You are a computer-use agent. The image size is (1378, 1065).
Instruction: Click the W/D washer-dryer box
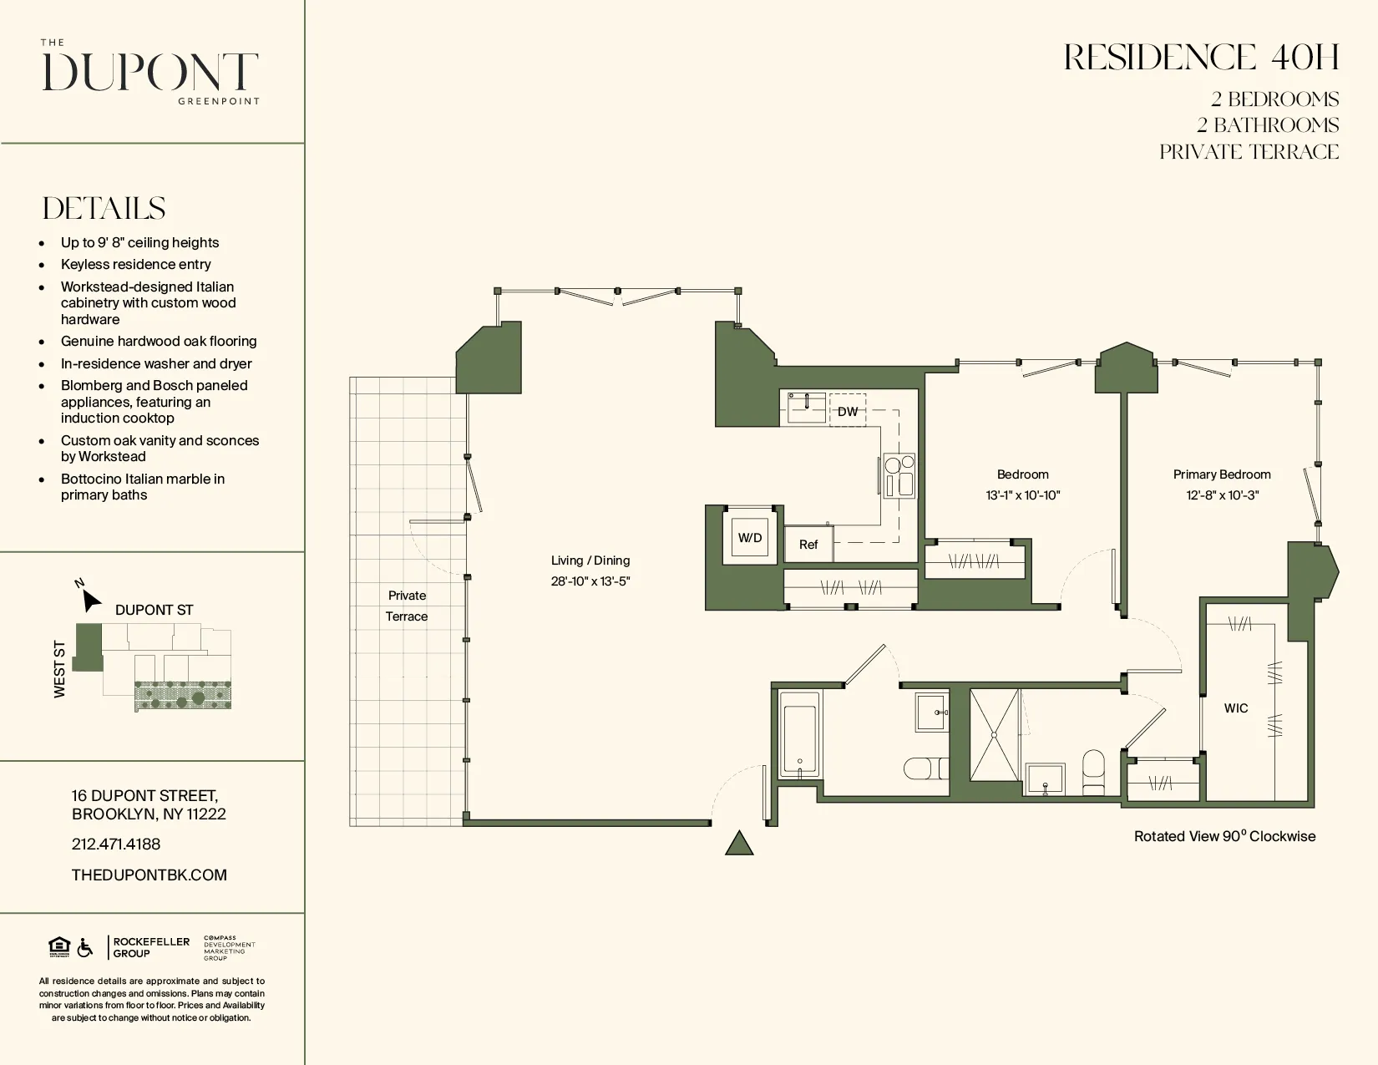pyautogui.click(x=750, y=538)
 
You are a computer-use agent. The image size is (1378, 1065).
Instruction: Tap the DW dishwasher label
pyautogui.click(x=848, y=411)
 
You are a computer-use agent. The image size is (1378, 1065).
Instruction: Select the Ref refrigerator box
pyautogui.click(x=808, y=545)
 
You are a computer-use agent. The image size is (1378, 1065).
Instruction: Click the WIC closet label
pyautogui.click(x=1236, y=708)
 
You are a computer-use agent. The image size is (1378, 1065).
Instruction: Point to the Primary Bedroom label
pyautogui.click(x=1221, y=474)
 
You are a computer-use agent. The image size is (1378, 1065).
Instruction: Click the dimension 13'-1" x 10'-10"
pyautogui.click(x=1022, y=495)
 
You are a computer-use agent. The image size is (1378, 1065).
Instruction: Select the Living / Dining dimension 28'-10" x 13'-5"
pyautogui.click(x=590, y=581)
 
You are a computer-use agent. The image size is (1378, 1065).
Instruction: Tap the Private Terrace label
pyautogui.click(x=407, y=606)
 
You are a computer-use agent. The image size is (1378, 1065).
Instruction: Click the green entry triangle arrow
pyautogui.click(x=739, y=844)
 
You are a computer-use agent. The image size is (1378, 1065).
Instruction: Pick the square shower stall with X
pyautogui.click(x=994, y=735)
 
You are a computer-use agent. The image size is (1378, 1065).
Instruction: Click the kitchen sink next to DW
pyautogui.click(x=807, y=407)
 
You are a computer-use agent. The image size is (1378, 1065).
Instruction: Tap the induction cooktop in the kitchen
pyautogui.click(x=899, y=476)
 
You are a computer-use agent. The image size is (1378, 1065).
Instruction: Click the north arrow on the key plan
pyautogui.click(x=90, y=599)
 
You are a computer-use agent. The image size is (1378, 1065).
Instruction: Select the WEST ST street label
pyautogui.click(x=59, y=669)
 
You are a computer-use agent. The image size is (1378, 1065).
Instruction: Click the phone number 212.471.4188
pyautogui.click(x=116, y=844)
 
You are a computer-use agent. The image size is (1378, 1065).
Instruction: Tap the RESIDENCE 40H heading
pyautogui.click(x=1201, y=58)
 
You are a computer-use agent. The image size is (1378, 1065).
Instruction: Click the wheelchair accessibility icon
pyautogui.click(x=84, y=947)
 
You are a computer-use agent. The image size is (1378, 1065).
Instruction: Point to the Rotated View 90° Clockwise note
pyautogui.click(x=1224, y=836)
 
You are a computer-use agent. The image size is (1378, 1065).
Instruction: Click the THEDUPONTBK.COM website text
pyautogui.click(x=149, y=875)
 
